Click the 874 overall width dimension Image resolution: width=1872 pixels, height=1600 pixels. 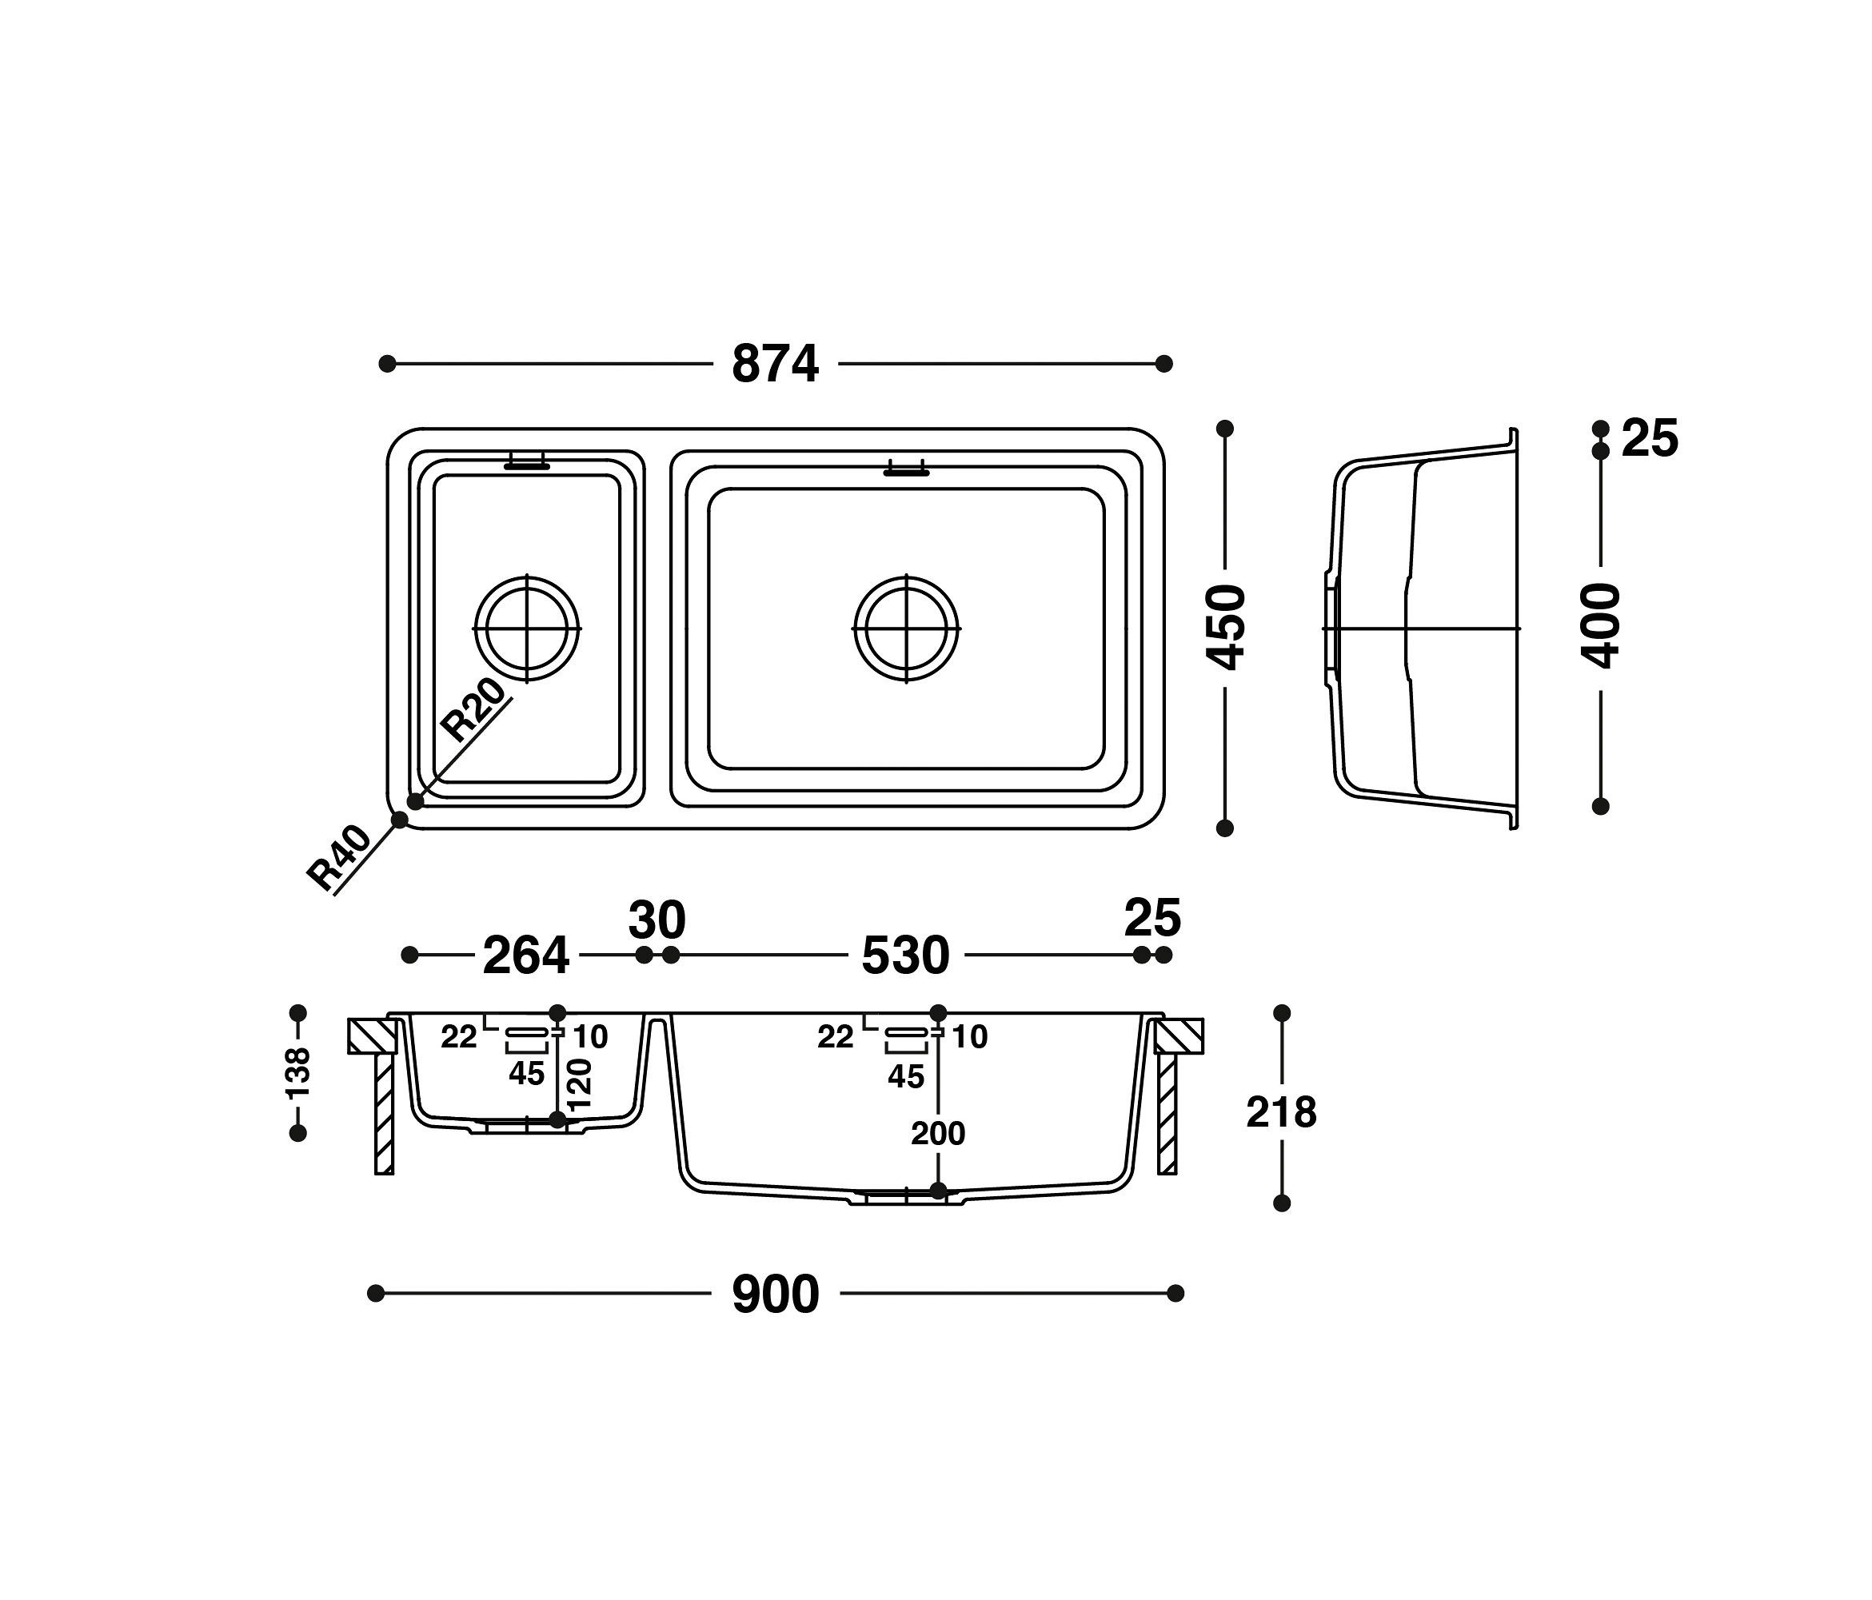[774, 365]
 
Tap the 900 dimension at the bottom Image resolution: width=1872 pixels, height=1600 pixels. [774, 1295]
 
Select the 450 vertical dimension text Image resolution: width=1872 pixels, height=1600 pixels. [1227, 627]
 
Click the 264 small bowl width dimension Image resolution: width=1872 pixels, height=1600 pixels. [526, 956]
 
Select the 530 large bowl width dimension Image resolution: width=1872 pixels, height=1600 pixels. [905, 956]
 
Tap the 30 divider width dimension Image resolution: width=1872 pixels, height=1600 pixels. [657, 920]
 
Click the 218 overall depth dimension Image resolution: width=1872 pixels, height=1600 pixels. [1281, 1113]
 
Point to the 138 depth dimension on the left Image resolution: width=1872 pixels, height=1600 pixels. [298, 1072]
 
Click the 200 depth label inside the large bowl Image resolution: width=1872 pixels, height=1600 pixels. [938, 1133]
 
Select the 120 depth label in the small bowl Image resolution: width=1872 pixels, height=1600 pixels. [579, 1084]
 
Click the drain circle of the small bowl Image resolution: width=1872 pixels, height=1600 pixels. [528, 627]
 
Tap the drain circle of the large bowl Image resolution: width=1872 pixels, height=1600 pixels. [907, 627]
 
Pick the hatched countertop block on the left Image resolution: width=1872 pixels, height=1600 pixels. [372, 1036]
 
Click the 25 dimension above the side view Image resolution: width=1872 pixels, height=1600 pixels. [1649, 439]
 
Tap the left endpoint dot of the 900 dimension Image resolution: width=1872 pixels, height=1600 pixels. [377, 1294]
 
